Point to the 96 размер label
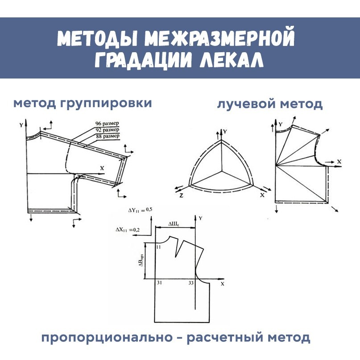[x=108, y=123]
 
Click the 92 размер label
[x=108, y=129]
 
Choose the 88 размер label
[x=108, y=136]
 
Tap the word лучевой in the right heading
[x=245, y=104]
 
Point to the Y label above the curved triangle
[x=225, y=132]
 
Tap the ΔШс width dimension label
[x=174, y=223]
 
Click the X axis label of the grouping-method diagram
[x=102, y=167]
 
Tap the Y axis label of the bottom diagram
[x=201, y=218]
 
